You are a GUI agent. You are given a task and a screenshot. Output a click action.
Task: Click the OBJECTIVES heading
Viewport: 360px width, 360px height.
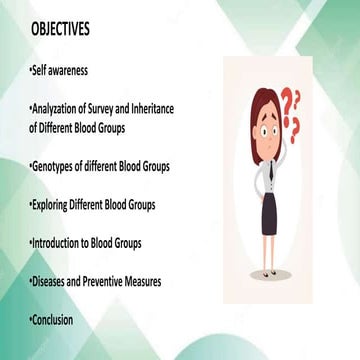click(59, 30)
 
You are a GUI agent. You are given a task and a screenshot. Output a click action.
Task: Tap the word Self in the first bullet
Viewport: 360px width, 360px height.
click(39, 72)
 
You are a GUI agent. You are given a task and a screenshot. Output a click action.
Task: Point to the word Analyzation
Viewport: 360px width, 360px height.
click(59, 111)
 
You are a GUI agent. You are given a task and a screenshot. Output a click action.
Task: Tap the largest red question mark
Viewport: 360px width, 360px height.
click(288, 103)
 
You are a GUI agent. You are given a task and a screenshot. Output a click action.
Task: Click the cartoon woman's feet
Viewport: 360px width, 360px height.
click(270, 272)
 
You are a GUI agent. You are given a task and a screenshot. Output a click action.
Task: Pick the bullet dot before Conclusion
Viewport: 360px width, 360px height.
click(30, 320)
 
